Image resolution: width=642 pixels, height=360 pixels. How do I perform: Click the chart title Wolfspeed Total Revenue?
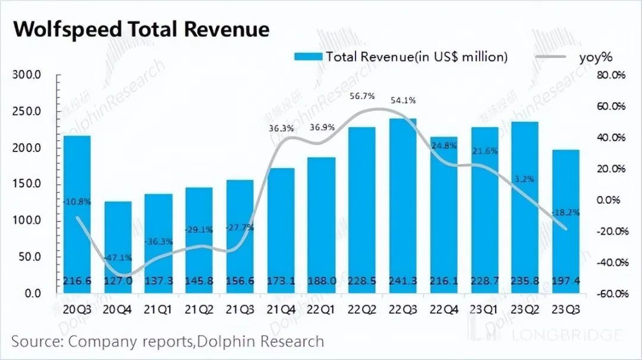(x=141, y=30)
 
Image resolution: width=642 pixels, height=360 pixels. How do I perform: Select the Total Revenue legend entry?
(x=401, y=57)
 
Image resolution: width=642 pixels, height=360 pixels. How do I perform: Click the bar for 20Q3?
(x=77, y=214)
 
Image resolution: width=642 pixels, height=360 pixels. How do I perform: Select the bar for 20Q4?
(x=118, y=247)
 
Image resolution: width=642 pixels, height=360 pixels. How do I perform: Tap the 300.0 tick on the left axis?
(x=27, y=75)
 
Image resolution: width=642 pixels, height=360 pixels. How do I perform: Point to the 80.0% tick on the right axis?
(x=611, y=75)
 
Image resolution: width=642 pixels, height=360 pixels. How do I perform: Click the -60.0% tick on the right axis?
(x=610, y=293)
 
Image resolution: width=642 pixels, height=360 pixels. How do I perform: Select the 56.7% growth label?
(x=363, y=96)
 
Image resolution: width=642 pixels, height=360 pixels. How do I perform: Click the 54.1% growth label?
(x=404, y=100)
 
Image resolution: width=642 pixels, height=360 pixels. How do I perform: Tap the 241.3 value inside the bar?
(x=402, y=281)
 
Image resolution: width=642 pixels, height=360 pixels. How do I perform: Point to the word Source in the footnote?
(x=37, y=342)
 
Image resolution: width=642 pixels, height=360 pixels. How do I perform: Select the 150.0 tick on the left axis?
(x=27, y=184)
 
